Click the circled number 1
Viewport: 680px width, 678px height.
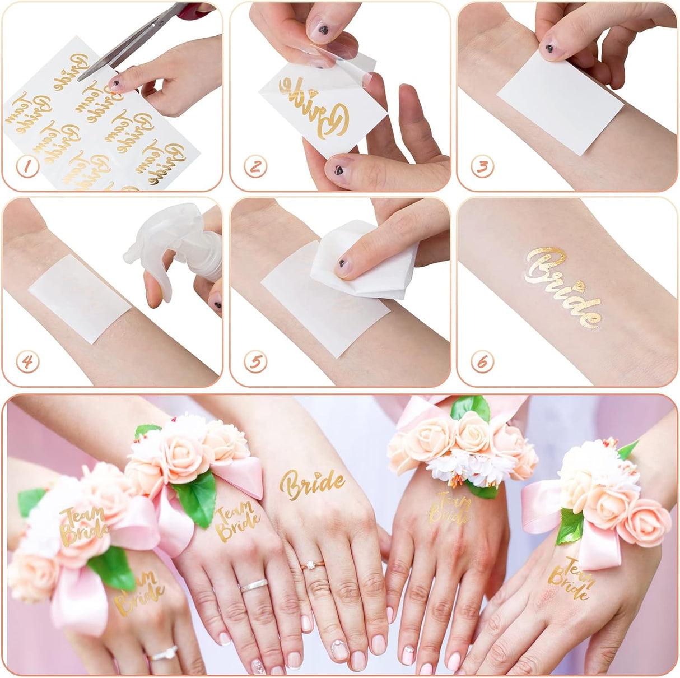tap(27, 167)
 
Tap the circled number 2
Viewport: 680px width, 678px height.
tap(255, 167)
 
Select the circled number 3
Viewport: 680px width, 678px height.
tap(482, 167)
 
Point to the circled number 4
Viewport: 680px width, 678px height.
tap(27, 362)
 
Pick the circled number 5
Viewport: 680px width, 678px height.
tap(255, 362)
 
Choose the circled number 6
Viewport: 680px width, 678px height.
tap(482, 362)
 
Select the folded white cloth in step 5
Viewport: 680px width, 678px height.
tap(364, 261)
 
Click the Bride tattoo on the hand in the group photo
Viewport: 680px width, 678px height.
tap(312, 482)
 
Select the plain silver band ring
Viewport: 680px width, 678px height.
tap(253, 585)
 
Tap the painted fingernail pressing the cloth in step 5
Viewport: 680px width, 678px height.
tap(343, 265)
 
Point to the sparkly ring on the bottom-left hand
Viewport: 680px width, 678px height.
tap(164, 653)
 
